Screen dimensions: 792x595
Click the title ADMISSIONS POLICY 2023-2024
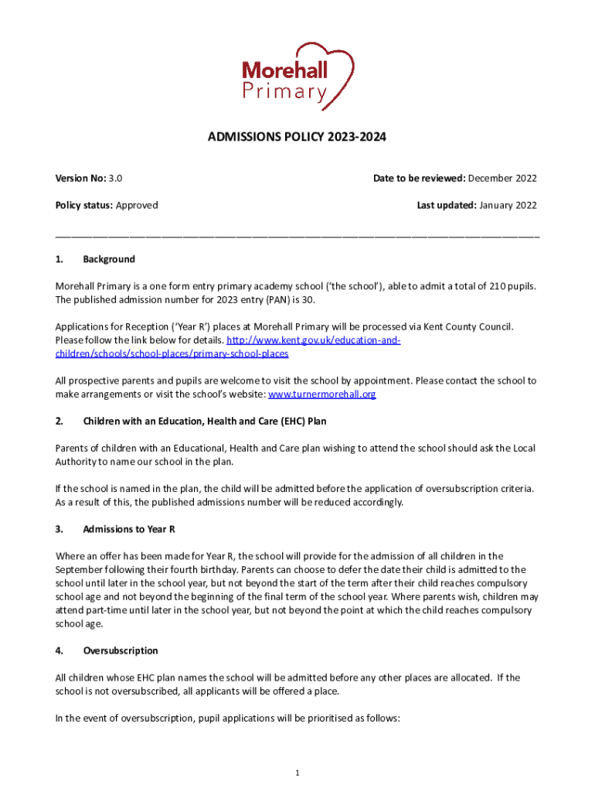click(x=297, y=138)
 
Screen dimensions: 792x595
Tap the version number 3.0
click(x=115, y=179)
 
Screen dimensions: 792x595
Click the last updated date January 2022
click(x=508, y=205)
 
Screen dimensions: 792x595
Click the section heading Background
click(x=109, y=259)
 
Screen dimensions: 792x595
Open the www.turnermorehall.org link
click(x=321, y=394)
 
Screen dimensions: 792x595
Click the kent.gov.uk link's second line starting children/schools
click(x=172, y=353)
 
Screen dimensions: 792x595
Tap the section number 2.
click(x=59, y=422)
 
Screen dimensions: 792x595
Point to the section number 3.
click(x=59, y=529)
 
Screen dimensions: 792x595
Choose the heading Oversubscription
click(x=121, y=650)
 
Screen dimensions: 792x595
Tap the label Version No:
click(x=80, y=179)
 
